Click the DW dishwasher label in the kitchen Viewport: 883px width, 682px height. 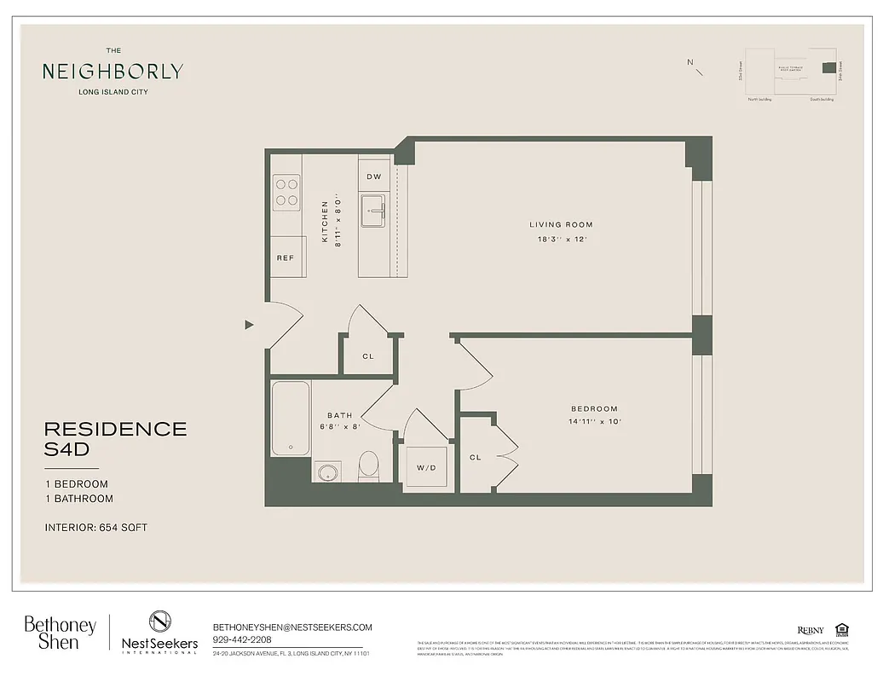click(x=373, y=176)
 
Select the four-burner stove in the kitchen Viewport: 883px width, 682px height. click(x=286, y=192)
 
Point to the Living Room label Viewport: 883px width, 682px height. click(x=561, y=225)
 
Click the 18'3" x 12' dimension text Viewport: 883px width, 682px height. click(x=561, y=239)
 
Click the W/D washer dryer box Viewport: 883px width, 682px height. click(x=426, y=468)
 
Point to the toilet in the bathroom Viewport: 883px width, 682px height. click(x=368, y=465)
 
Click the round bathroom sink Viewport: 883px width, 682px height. click(x=326, y=471)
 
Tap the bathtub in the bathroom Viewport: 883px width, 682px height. click(x=291, y=419)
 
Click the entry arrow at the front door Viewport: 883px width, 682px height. click(x=249, y=325)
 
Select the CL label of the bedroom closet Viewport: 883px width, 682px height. click(x=475, y=458)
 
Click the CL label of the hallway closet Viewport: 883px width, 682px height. click(x=368, y=357)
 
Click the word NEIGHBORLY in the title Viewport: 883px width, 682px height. click(x=113, y=72)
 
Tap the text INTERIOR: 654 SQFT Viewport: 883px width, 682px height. click(x=96, y=528)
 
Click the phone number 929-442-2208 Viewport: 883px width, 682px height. click(x=244, y=639)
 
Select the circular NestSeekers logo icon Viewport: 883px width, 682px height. click(x=159, y=621)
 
